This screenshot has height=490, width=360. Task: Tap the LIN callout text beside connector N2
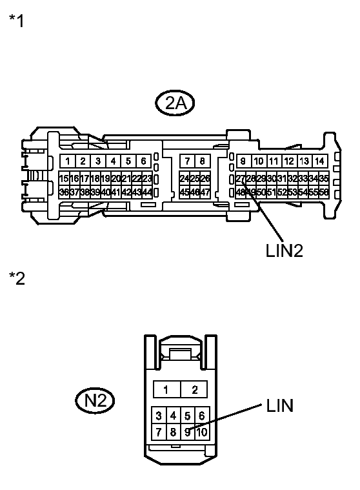click(279, 405)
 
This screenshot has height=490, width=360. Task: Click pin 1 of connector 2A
click(67, 161)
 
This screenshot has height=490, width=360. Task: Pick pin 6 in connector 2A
click(143, 161)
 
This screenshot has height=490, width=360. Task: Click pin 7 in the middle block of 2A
click(187, 161)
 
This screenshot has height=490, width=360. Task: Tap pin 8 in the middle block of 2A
click(203, 161)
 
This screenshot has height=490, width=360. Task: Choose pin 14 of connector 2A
click(319, 161)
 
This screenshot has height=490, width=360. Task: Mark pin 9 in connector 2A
click(243, 161)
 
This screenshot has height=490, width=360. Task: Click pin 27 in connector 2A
click(240, 179)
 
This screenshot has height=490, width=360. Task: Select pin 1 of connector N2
click(166, 389)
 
